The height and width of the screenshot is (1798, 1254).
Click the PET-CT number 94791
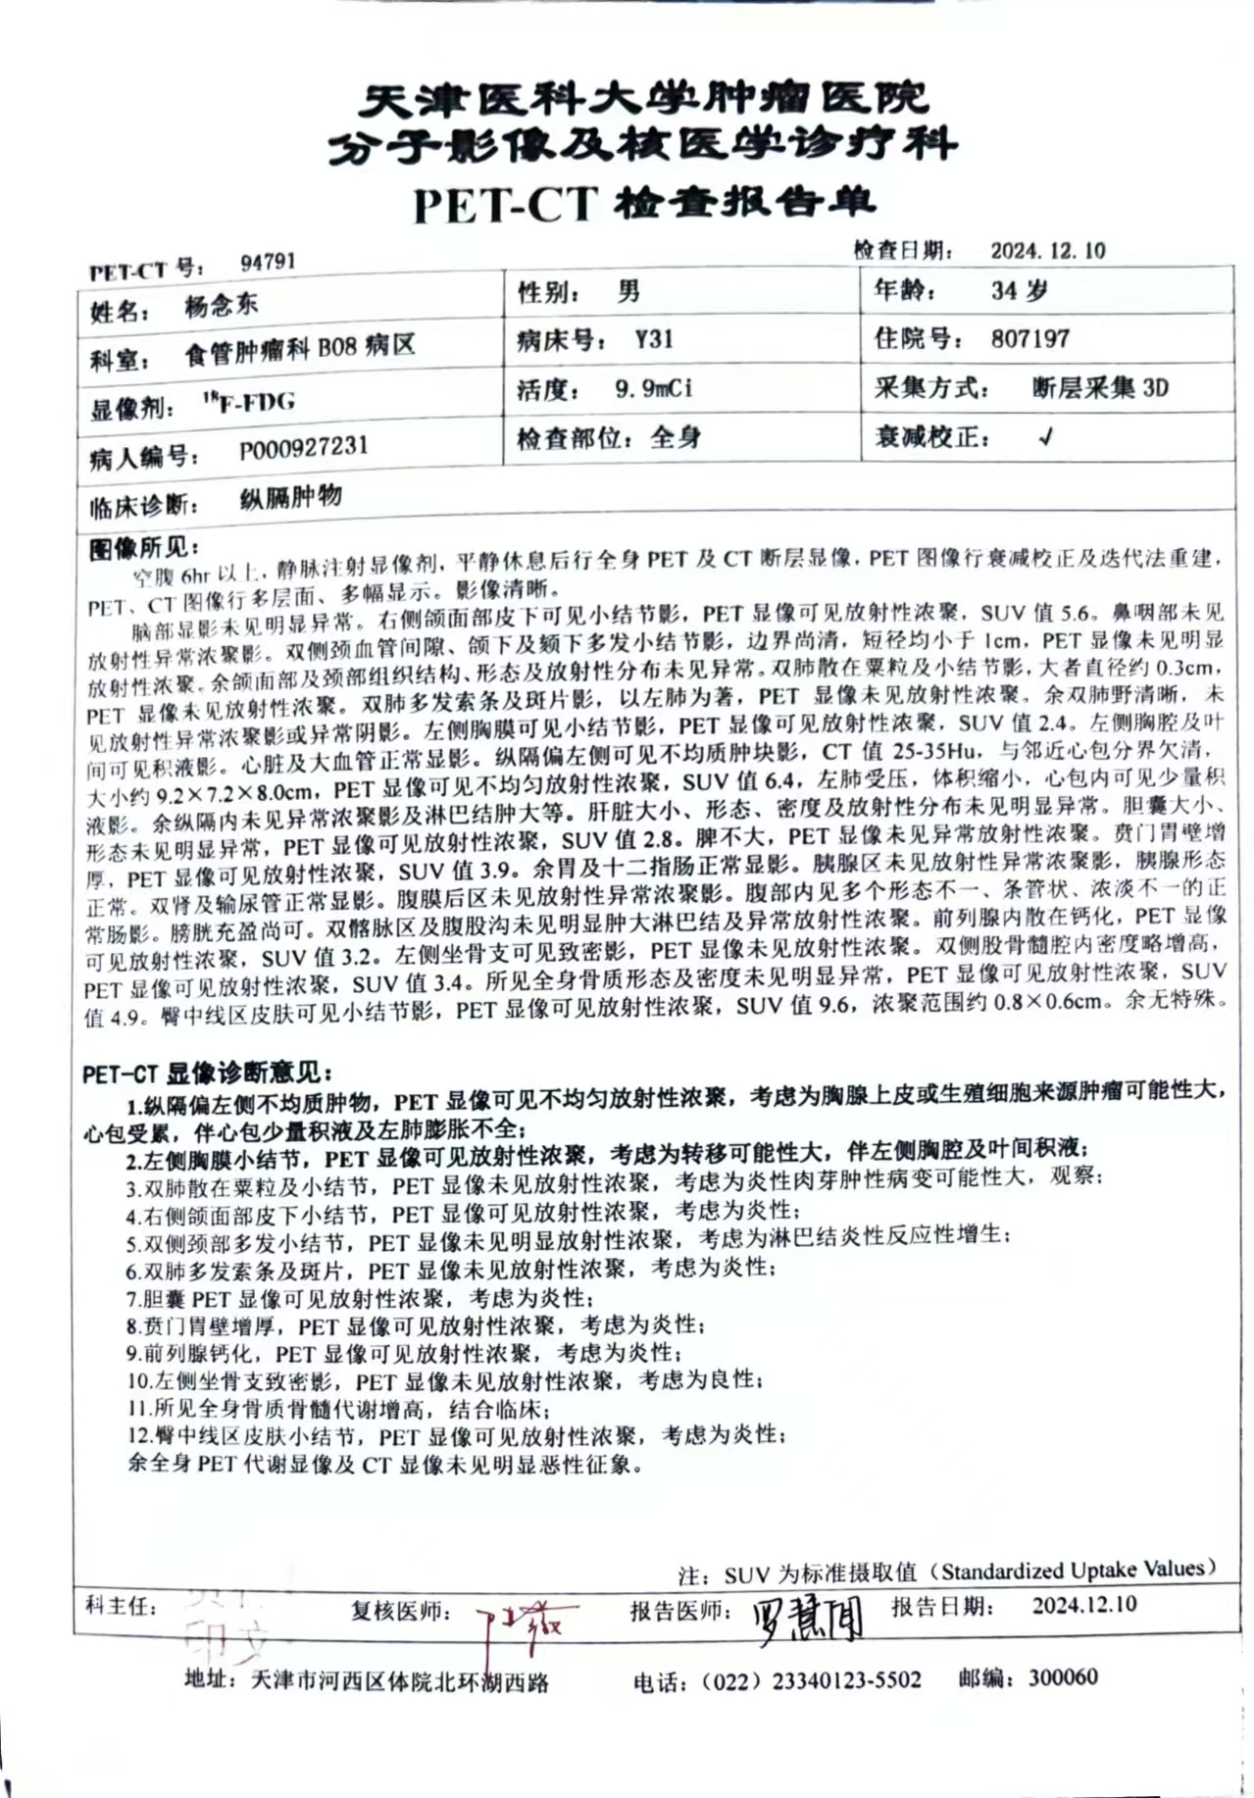point(268,262)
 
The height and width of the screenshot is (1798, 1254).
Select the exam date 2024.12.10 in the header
point(1047,251)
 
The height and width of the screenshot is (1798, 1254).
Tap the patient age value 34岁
point(1019,290)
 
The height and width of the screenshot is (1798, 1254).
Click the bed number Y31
point(654,339)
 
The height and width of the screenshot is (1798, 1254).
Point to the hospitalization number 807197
point(1029,339)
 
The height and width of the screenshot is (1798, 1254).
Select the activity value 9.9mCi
point(653,388)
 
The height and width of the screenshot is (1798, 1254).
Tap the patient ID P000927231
point(304,449)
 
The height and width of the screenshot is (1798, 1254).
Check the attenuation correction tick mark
point(1045,437)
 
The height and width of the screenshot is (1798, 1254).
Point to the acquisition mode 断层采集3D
point(1100,388)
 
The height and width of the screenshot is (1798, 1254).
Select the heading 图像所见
point(143,547)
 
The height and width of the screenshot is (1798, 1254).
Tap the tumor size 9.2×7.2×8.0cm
point(234,791)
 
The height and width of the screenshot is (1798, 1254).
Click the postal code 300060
point(1063,1677)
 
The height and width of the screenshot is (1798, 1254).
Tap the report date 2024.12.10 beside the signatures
point(1083,1605)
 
